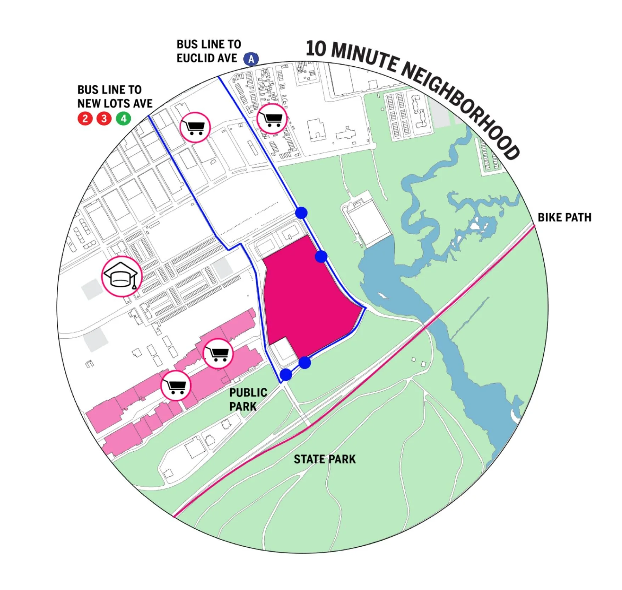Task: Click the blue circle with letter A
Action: (251, 59)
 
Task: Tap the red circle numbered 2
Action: (85, 118)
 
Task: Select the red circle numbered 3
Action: (104, 118)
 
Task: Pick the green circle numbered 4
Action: (123, 118)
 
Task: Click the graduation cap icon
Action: (122, 276)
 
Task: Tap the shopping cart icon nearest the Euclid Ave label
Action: (272, 118)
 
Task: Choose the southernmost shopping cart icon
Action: (176, 385)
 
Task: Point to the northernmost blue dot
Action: (301, 213)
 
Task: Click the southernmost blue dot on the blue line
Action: (286, 375)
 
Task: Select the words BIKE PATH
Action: (564, 217)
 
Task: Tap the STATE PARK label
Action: (324, 459)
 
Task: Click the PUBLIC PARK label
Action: (248, 399)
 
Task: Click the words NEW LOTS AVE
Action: (115, 103)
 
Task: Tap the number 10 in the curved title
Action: (316, 49)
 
